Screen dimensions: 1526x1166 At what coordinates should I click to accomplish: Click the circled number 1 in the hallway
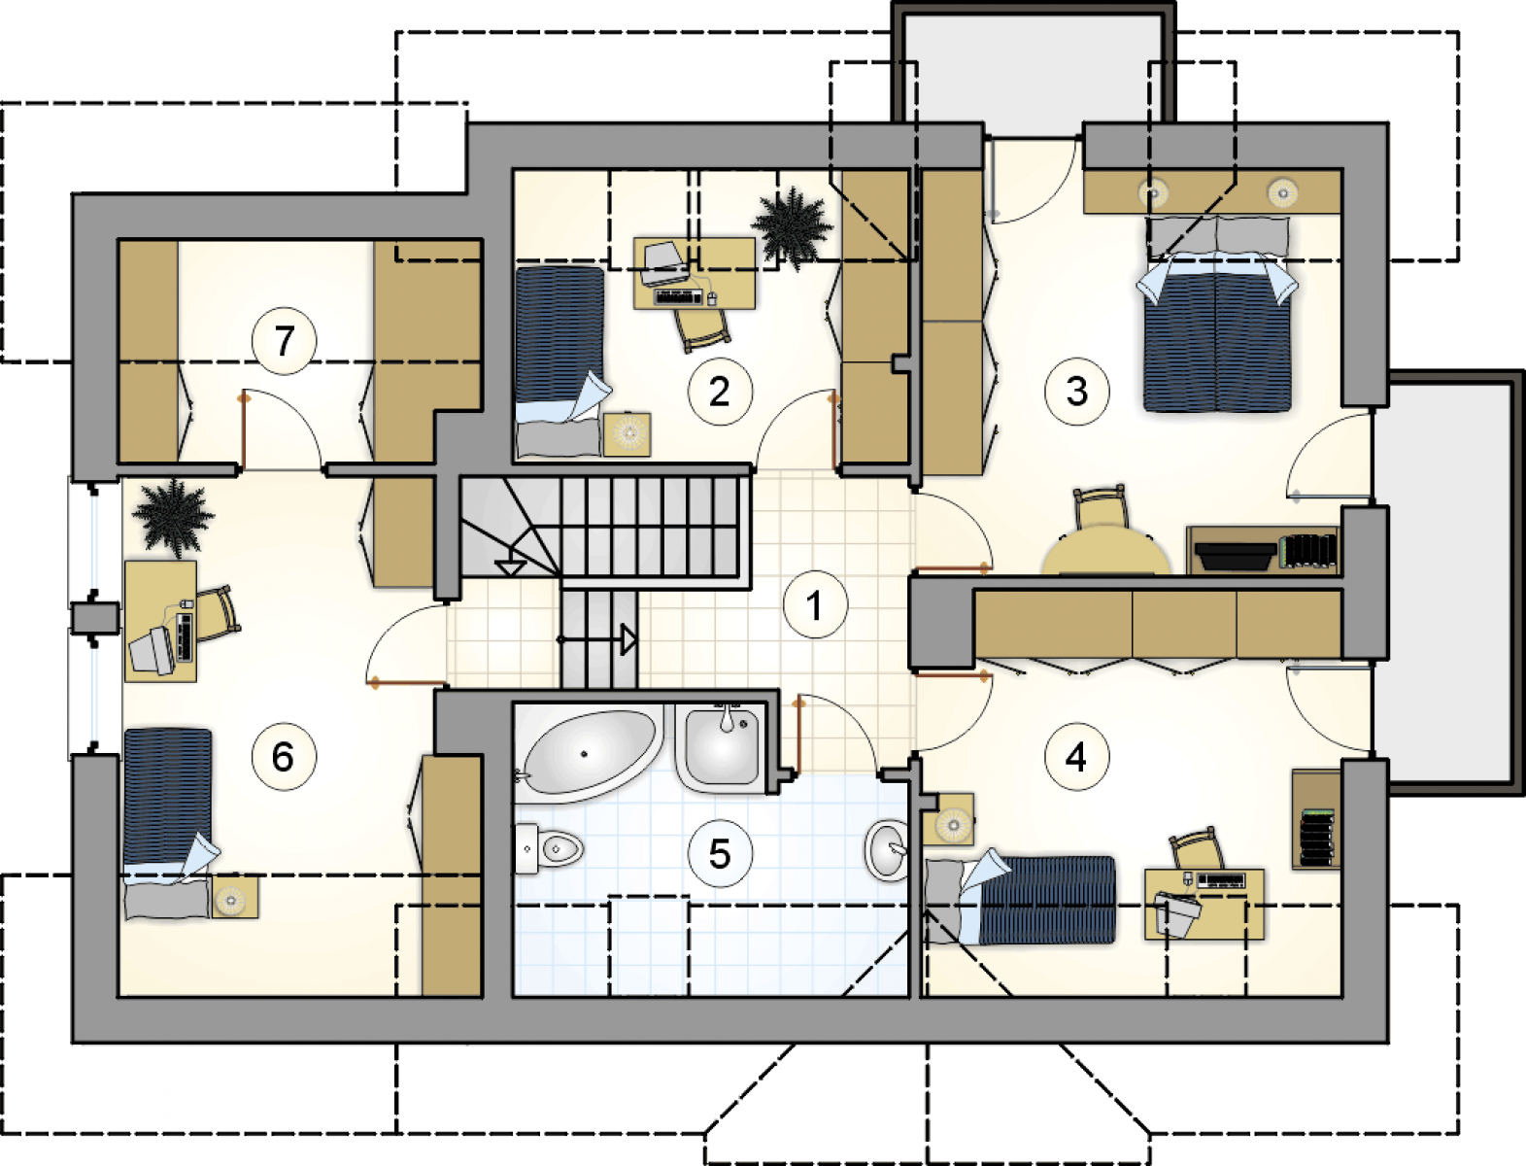[816, 605]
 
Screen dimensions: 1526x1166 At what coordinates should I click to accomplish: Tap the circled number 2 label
[720, 392]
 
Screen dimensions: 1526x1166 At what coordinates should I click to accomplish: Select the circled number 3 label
[1077, 392]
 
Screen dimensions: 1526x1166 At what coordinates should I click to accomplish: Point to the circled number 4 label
[1077, 757]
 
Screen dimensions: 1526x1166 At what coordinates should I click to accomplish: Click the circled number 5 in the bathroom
[720, 854]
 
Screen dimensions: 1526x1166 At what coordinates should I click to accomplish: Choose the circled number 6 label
[284, 757]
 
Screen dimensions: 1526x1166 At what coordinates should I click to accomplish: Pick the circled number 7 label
[284, 341]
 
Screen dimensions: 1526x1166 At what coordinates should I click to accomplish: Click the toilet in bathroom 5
[549, 847]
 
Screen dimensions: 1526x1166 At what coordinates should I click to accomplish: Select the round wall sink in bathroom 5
[887, 849]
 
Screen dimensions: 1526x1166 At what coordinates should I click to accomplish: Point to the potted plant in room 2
[792, 226]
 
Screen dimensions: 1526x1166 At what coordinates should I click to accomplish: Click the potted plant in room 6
[173, 518]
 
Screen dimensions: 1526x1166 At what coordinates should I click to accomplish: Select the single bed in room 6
[167, 824]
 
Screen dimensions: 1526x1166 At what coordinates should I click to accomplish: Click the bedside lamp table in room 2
[627, 434]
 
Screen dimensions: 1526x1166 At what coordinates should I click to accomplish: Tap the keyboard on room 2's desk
[677, 297]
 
